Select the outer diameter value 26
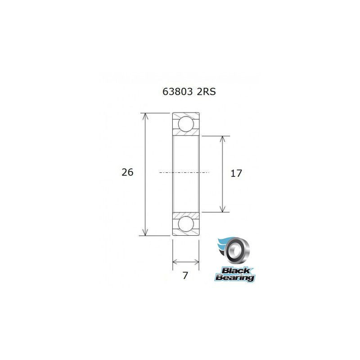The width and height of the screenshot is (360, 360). [x=127, y=172]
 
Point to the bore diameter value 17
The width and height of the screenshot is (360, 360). [x=236, y=173]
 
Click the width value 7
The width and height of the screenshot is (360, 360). [x=185, y=275]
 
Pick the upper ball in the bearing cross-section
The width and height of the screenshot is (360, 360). [x=186, y=123]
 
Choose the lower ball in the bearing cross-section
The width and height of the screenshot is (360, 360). [x=186, y=224]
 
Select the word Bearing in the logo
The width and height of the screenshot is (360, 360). [x=235, y=278]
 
